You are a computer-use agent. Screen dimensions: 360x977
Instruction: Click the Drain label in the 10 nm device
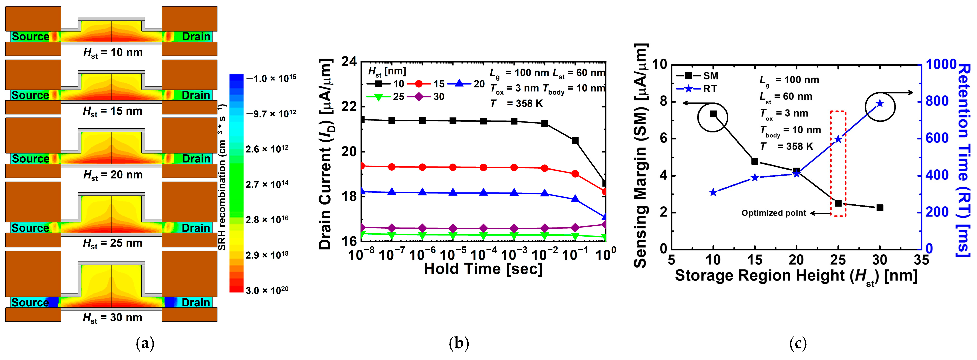tap(196, 37)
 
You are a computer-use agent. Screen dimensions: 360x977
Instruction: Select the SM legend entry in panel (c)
tap(697, 76)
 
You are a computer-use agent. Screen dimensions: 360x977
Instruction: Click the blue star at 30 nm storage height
tap(880, 103)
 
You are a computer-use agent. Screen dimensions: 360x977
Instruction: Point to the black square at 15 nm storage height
tap(755, 161)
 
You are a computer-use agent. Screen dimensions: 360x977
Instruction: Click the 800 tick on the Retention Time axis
tap(937, 101)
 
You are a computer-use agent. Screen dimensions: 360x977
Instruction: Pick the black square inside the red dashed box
tap(838, 203)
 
